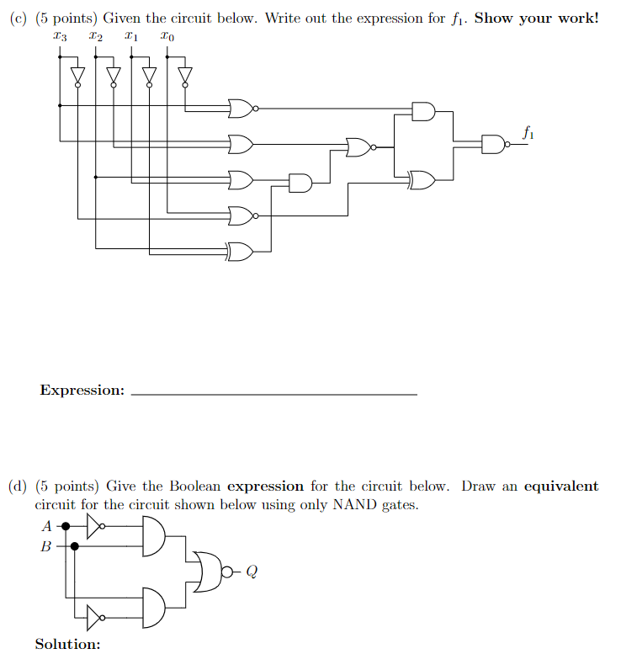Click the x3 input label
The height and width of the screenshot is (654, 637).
point(58,37)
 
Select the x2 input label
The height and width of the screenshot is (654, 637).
point(96,37)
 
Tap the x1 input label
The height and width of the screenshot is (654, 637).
point(130,37)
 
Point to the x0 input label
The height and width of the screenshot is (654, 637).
point(168,37)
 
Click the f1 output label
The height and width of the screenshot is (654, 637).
point(527,132)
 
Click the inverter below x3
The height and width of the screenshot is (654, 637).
point(77,77)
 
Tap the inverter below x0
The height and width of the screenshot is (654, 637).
point(185,77)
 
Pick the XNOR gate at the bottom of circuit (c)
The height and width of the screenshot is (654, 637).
point(240,250)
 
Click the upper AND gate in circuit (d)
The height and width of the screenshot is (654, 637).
point(155,537)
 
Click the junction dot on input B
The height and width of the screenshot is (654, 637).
point(75,546)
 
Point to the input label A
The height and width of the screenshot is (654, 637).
point(46,527)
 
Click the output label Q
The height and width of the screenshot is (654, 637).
point(252,572)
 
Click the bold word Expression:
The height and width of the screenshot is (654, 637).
point(82,391)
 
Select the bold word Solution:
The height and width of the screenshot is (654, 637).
point(67,644)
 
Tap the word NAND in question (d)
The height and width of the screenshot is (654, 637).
point(353,505)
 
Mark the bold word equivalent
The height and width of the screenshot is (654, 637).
point(560,487)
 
